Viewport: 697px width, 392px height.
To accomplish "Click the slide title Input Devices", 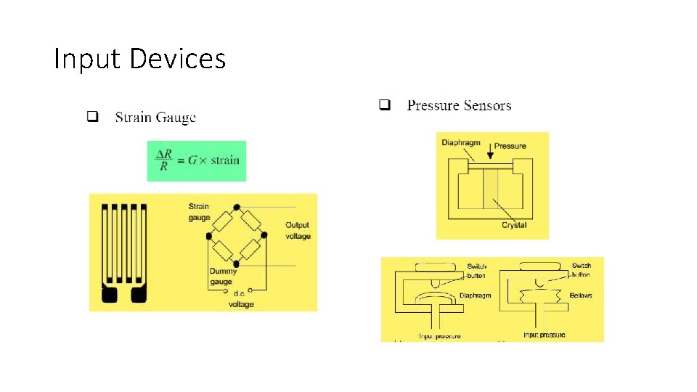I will coord(139,59).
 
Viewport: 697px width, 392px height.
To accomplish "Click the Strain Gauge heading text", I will coord(155,117).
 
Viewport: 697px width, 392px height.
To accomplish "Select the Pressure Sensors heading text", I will coord(459,105).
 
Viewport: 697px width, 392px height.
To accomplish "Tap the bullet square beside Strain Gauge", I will coord(92,116).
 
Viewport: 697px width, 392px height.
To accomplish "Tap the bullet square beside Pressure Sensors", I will coord(385,105).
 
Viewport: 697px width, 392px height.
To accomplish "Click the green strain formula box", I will coord(197,160).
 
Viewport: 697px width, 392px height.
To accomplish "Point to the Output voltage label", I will coord(298,231).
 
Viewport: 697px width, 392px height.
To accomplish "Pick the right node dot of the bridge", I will coord(264,234).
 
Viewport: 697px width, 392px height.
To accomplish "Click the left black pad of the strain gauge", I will coord(110,295).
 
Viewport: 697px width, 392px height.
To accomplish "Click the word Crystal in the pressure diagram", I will coord(514,225).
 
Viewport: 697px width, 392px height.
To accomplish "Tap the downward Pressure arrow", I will coord(490,152).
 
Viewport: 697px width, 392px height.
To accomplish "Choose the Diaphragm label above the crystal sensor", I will coord(460,142).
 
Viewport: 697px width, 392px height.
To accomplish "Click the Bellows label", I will coord(581,295).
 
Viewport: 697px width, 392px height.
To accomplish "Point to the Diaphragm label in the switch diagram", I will coord(476,295).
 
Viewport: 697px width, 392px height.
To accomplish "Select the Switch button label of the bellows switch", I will coord(581,270).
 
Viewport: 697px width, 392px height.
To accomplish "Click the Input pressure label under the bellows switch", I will coord(544,335).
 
